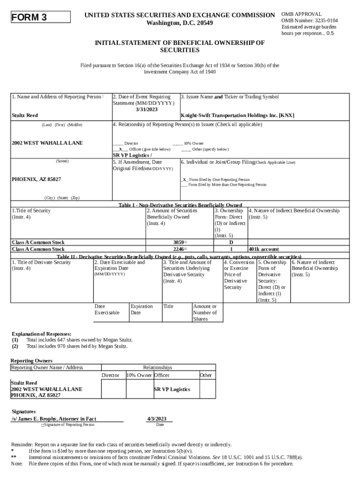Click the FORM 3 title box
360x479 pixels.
(40, 18)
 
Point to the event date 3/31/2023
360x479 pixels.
(146, 109)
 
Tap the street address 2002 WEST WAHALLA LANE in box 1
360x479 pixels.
(47, 143)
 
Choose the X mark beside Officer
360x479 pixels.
(121, 149)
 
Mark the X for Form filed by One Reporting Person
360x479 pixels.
(185, 180)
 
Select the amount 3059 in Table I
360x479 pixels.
(179, 242)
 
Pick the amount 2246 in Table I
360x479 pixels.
(179, 249)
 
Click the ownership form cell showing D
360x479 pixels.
(230, 242)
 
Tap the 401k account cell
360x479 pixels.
(264, 249)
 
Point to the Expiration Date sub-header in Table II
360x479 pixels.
(142, 310)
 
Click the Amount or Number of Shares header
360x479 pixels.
(205, 312)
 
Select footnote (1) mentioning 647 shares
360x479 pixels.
(79, 340)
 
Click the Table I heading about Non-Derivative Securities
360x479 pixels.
(180, 205)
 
